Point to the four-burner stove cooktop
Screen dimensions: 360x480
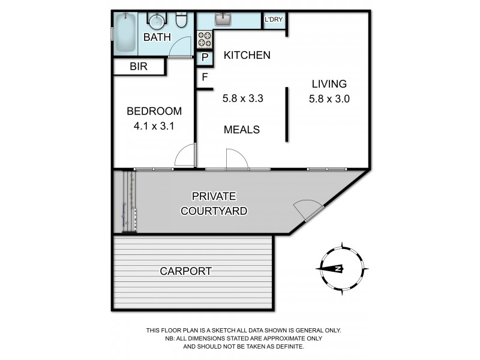tap(205, 40)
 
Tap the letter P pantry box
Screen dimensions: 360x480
tap(205, 58)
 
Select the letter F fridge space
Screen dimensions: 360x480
tap(205, 77)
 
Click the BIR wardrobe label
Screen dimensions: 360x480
tap(139, 67)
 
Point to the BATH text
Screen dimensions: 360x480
tap(157, 37)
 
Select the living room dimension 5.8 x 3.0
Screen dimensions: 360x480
tap(328, 99)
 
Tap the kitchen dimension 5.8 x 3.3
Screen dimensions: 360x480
tap(243, 99)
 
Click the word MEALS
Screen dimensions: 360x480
tap(241, 130)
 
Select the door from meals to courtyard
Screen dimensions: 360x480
tap(236, 159)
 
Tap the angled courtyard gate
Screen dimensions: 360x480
tap(307, 210)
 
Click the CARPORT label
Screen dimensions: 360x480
tap(185, 271)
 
